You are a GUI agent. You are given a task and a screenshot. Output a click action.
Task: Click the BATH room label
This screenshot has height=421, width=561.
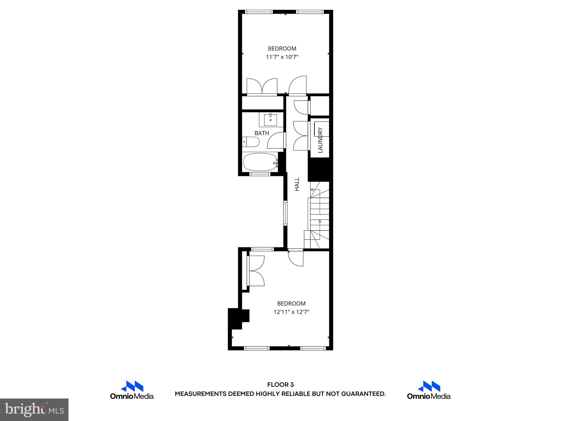tap(262, 133)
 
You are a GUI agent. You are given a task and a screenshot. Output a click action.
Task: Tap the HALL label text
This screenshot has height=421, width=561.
tap(297, 184)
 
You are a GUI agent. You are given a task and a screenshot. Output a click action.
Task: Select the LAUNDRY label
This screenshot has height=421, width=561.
tap(320, 140)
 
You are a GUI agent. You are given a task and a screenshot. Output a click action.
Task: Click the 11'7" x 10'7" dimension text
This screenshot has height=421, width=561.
tap(282, 57)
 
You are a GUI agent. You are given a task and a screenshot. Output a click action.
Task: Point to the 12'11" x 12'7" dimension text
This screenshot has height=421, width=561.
tap(291, 312)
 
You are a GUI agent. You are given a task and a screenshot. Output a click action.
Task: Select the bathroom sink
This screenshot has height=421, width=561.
tap(270, 120)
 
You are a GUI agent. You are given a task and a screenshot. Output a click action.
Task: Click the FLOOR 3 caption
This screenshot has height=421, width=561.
tap(280, 385)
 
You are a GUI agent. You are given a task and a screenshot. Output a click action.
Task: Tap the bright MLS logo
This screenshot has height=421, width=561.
tap(34, 409)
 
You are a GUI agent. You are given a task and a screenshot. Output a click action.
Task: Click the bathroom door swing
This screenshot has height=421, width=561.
tap(276, 140)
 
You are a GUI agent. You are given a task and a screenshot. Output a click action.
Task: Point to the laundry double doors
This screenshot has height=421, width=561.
tap(300, 136)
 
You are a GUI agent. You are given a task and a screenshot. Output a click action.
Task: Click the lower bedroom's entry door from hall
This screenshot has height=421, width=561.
tap(296, 258)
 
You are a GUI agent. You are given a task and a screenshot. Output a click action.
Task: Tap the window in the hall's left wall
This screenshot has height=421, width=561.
tap(285, 213)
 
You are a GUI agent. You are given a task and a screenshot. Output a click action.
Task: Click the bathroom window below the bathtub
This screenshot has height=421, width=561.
tap(260, 174)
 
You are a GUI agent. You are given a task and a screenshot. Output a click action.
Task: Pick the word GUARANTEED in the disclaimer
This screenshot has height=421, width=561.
tap(363, 394)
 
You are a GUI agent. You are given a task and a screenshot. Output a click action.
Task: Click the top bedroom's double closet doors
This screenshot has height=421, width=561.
tap(262, 86)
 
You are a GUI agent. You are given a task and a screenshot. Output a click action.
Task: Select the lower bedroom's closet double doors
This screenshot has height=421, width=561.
tap(256, 271)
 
